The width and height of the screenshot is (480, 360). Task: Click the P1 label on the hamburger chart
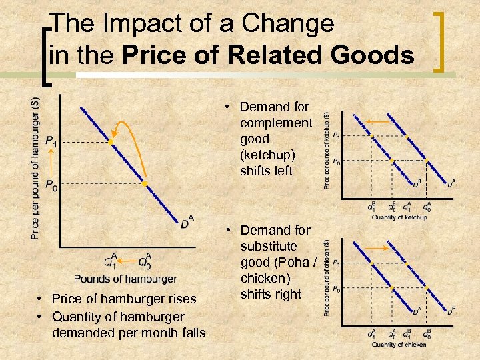click(x=51, y=141)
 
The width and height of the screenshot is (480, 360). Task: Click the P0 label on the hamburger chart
click(x=51, y=183)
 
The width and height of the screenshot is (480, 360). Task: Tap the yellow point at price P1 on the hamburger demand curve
click(x=111, y=142)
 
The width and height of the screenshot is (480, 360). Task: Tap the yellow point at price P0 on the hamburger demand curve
click(x=144, y=183)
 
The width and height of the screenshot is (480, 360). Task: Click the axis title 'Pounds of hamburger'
click(x=125, y=279)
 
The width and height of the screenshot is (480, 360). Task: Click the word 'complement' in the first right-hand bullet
click(x=275, y=123)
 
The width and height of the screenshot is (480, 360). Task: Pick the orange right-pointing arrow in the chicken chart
click(x=378, y=247)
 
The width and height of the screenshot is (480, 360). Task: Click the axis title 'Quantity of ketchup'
click(x=399, y=217)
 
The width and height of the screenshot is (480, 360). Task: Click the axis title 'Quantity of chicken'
click(x=398, y=344)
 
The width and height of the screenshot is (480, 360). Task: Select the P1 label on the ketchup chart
click(x=337, y=137)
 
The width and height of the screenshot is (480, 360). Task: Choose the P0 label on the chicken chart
click(x=337, y=289)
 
